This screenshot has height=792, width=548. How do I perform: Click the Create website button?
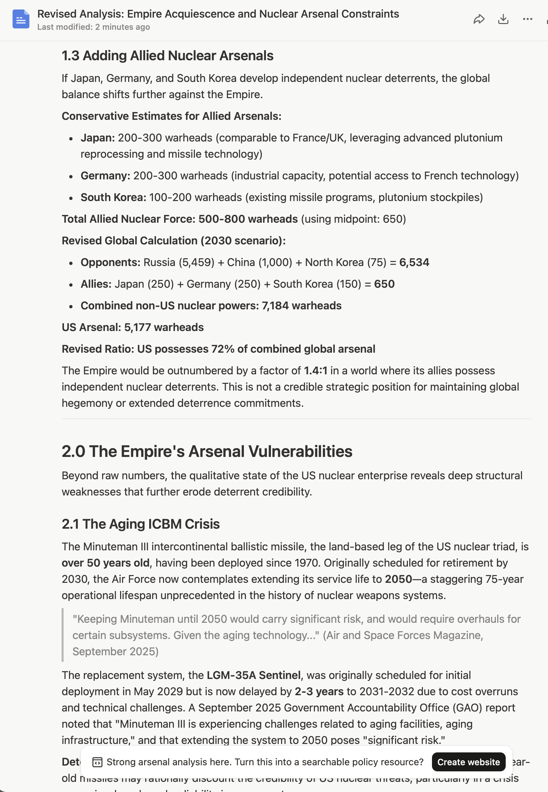click(469, 762)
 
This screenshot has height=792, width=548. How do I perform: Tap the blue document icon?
click(21, 19)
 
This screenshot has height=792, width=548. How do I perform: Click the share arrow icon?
click(479, 19)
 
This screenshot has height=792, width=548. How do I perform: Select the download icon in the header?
click(503, 19)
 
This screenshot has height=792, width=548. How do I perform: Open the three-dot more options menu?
click(527, 19)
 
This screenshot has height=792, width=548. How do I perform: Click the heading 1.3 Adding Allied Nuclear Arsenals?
click(167, 56)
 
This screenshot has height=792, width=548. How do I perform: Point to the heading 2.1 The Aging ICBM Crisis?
click(140, 524)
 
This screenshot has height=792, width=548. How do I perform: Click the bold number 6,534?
click(414, 262)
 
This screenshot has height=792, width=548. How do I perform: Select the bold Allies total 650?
click(384, 284)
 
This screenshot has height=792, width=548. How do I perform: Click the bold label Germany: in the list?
click(105, 176)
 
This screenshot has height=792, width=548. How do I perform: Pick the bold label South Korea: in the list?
click(113, 197)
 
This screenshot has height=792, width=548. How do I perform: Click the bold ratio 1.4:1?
click(315, 371)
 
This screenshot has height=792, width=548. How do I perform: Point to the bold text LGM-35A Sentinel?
click(253, 675)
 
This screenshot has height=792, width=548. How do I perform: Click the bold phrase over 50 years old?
click(106, 563)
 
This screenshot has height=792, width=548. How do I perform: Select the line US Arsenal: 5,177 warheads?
click(133, 327)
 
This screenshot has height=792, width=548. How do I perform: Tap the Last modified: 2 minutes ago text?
click(93, 27)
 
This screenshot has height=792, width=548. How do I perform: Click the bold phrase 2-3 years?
click(319, 691)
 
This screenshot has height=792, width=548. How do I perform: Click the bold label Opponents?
click(110, 262)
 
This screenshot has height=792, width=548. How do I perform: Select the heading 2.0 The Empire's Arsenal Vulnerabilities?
click(207, 451)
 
